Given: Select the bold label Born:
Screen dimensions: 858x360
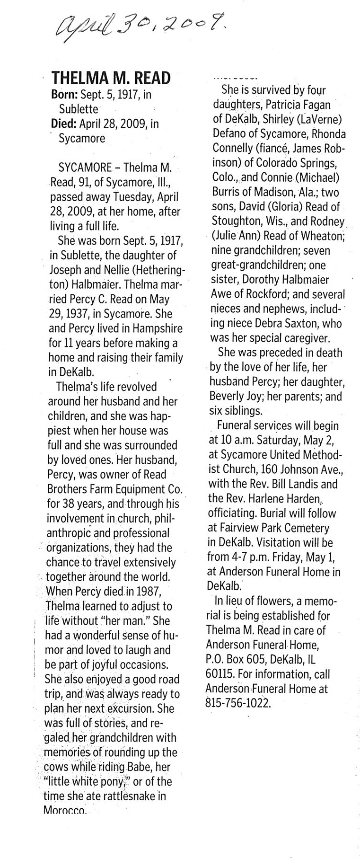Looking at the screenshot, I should click(x=64, y=95).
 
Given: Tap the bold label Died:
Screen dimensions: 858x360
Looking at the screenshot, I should click(x=63, y=124).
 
